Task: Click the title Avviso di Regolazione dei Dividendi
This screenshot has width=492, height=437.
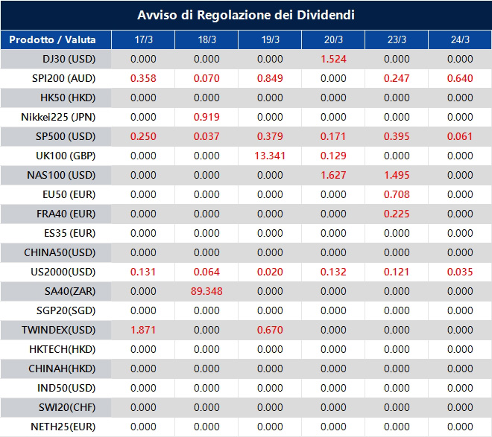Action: (246, 15)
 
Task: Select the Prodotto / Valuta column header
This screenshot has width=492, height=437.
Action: (56, 39)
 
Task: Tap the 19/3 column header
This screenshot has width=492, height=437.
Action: (270, 39)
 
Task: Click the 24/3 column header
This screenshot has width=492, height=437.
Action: (460, 39)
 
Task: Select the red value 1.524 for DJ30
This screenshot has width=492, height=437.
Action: (333, 59)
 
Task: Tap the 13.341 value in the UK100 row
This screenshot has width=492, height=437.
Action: (270, 156)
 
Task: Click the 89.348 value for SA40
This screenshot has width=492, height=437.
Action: (206, 291)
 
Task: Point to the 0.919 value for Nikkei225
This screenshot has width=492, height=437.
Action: (206, 117)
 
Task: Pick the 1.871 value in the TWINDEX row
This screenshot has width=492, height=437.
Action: (143, 330)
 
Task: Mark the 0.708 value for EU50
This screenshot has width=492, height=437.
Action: (397, 194)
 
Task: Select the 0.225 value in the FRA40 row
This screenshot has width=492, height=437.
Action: (397, 214)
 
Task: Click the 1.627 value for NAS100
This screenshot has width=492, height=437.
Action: (333, 175)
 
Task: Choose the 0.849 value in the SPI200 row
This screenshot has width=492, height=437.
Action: (270, 78)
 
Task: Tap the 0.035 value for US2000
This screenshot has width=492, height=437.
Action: (460, 272)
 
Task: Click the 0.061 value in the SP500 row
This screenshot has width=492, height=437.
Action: (460, 136)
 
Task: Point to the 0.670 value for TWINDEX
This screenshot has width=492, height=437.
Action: (270, 330)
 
